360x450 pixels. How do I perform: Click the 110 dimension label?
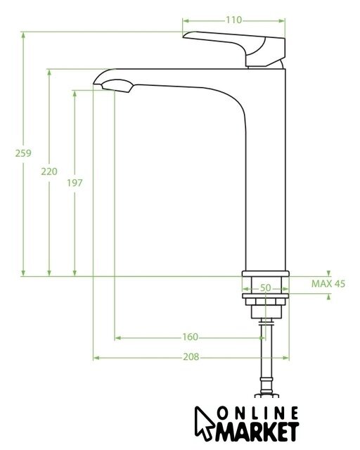[x=233, y=20]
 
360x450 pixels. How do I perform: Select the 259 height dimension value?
[x=23, y=153]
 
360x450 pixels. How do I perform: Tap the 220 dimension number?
[x=49, y=172]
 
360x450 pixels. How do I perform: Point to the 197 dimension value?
[x=75, y=183]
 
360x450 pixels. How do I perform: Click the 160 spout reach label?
[x=191, y=337]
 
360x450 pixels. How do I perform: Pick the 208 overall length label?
[x=191, y=356]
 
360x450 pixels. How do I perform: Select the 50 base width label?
[x=266, y=288]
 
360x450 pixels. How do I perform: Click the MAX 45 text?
[x=328, y=283]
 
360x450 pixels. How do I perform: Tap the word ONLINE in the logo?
[x=257, y=413]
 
